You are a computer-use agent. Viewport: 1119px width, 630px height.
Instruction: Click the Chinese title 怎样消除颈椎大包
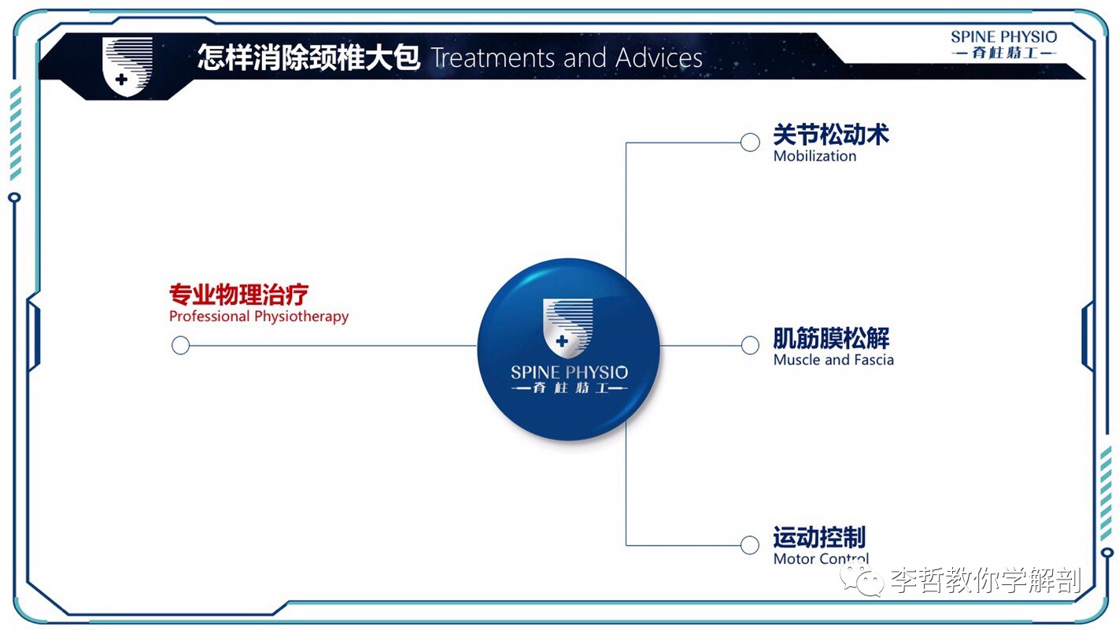pyautogui.click(x=308, y=57)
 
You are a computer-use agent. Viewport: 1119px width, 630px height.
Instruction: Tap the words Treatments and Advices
pyautogui.click(x=567, y=57)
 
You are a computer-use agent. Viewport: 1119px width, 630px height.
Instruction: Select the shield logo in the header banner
pyautogui.click(x=127, y=66)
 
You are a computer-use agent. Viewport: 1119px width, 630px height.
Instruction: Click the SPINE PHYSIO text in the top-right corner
pyautogui.click(x=1003, y=36)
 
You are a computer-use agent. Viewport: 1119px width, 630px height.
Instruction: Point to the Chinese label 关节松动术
pyautogui.click(x=831, y=135)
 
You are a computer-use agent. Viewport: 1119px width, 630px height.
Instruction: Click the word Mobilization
pyautogui.click(x=814, y=156)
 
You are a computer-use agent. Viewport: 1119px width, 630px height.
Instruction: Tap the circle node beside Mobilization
pyautogui.click(x=750, y=143)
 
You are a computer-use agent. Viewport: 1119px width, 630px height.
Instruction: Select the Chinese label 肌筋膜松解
pyautogui.click(x=831, y=339)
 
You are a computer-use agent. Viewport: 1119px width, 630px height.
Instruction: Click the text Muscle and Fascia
pyautogui.click(x=833, y=360)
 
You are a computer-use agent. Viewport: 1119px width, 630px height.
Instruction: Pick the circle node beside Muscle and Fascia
pyautogui.click(x=750, y=345)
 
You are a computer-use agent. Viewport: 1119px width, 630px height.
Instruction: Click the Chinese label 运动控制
pyautogui.click(x=819, y=538)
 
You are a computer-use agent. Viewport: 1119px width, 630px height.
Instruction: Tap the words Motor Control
pyautogui.click(x=822, y=558)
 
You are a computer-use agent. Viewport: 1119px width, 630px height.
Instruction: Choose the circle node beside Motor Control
pyautogui.click(x=750, y=545)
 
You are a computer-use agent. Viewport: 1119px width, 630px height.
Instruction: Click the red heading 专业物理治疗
pyautogui.click(x=238, y=294)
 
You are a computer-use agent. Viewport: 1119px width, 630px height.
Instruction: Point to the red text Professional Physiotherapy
pyautogui.click(x=259, y=317)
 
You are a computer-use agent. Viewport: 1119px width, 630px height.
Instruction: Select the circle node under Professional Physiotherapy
pyautogui.click(x=180, y=345)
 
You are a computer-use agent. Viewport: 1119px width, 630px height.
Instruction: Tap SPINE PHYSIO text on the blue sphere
pyautogui.click(x=569, y=372)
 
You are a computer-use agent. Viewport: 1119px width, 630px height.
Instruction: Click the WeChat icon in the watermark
pyautogui.click(x=862, y=580)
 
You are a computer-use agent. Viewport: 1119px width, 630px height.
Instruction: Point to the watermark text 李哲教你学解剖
pyautogui.click(x=986, y=580)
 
